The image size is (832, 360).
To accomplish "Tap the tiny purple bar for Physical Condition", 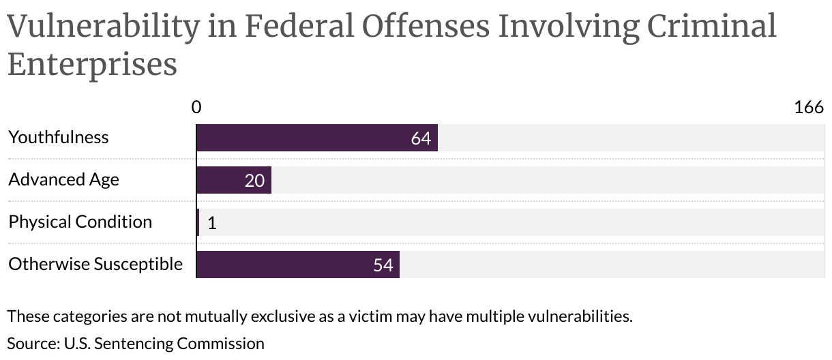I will pyautogui.click(x=198, y=222).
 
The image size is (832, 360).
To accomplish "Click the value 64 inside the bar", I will pyautogui.click(x=421, y=138).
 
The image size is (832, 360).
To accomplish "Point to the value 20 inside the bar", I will pyautogui.click(x=254, y=181).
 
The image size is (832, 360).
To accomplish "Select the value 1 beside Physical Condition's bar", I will pyautogui.click(x=211, y=223).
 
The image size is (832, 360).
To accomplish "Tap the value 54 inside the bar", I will pyautogui.click(x=383, y=265).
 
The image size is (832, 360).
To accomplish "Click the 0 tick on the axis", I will pyautogui.click(x=196, y=107).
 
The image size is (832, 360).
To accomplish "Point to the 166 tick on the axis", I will pyautogui.click(x=809, y=107).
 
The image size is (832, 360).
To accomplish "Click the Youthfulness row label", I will pyautogui.click(x=59, y=137).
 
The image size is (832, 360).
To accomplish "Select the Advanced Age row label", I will pyautogui.click(x=63, y=179).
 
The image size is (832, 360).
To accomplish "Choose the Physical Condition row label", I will pyautogui.click(x=80, y=222).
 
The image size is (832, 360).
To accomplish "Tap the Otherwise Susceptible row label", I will pyautogui.click(x=95, y=264).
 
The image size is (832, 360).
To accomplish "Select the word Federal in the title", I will pyautogui.click(x=297, y=27).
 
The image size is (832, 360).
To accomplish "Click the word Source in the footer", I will pyautogui.click(x=32, y=343).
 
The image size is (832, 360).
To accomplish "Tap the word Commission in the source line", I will pyautogui.click(x=220, y=343).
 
